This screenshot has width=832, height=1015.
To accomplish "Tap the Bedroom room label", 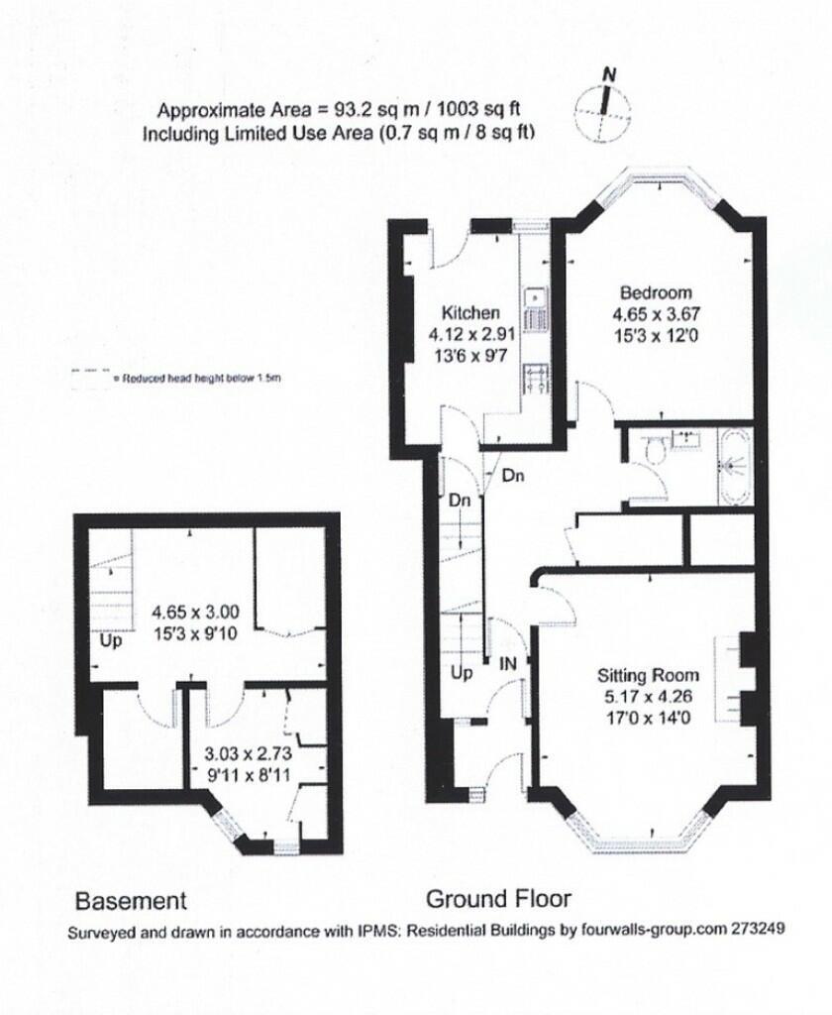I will [x=655, y=292].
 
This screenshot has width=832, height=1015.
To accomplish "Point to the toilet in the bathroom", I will [x=654, y=451].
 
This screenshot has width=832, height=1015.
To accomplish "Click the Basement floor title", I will [x=131, y=900].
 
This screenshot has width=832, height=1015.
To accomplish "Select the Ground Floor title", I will [x=498, y=899].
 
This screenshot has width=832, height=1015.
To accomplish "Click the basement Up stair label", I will [x=110, y=640].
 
